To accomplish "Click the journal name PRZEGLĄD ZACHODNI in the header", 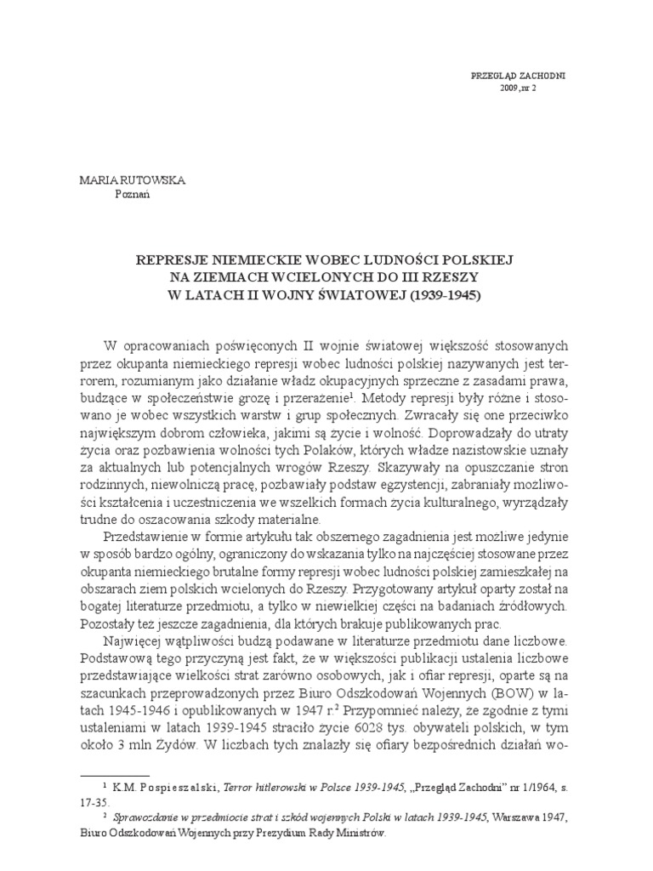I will [518, 76].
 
